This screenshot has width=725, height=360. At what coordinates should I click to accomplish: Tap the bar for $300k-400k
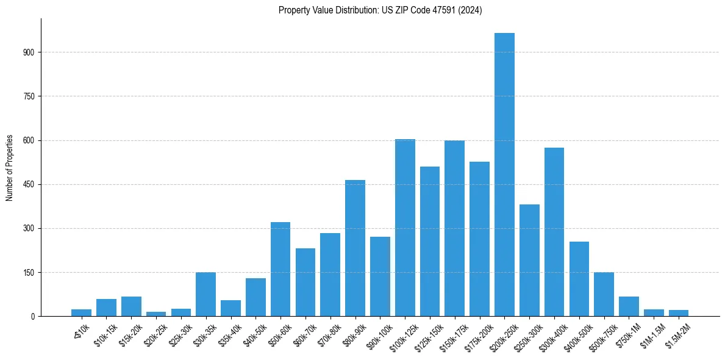(x=554, y=232)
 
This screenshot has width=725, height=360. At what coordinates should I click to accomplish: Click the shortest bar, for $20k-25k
(x=156, y=314)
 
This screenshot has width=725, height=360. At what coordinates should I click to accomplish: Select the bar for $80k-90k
(x=355, y=248)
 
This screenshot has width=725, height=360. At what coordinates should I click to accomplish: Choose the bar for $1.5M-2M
(x=679, y=313)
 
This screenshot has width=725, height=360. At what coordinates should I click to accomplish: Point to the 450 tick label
(x=33, y=184)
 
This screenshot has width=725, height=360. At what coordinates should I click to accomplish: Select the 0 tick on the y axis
(x=36, y=316)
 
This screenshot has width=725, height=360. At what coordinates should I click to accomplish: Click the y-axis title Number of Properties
(x=9, y=168)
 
